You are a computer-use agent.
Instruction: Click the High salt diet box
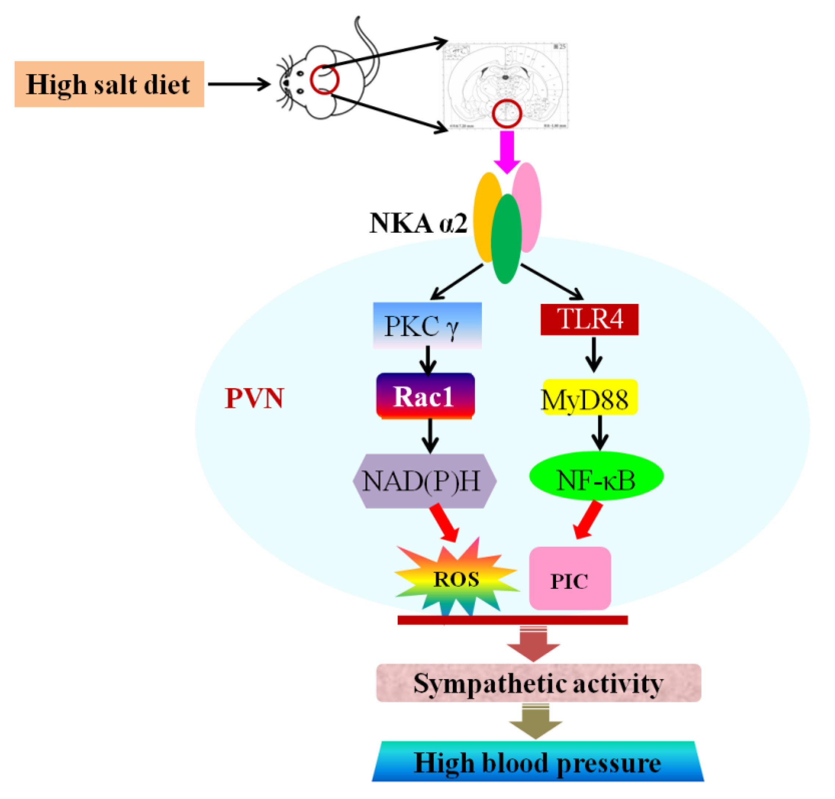tap(109, 84)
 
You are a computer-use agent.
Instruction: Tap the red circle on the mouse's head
tap(324, 80)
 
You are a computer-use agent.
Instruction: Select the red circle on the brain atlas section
tap(507, 114)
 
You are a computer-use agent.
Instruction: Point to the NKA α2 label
tap(418, 223)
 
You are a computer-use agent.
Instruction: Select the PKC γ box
tap(427, 326)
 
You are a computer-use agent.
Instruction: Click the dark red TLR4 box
tap(589, 319)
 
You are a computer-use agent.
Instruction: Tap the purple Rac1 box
tap(425, 396)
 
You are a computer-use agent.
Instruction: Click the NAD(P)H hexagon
tap(424, 481)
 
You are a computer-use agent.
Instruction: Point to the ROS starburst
tap(456, 579)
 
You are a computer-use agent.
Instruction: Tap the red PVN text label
tap(254, 399)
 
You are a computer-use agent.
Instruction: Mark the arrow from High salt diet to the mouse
tap(239, 84)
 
